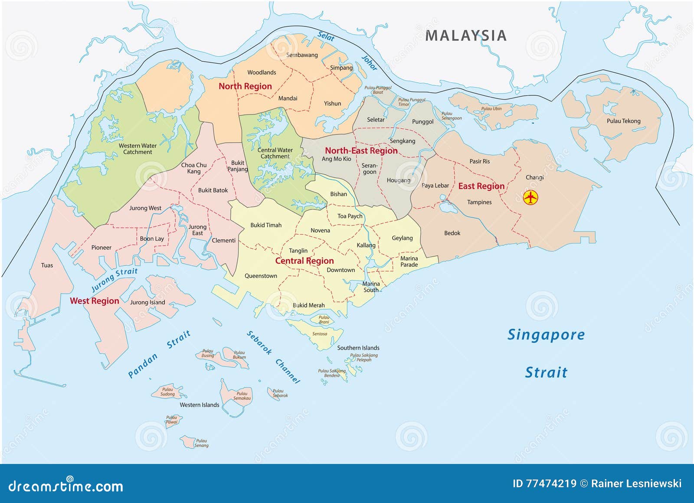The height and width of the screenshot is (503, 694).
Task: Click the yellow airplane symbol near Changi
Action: (530, 198)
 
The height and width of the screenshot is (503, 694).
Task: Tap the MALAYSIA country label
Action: (466, 36)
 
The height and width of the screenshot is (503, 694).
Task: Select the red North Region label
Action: (245, 86)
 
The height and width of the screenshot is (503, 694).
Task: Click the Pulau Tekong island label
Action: (623, 121)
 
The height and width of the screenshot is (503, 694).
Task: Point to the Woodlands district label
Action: (262, 72)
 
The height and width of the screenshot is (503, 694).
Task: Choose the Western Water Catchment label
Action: (137, 149)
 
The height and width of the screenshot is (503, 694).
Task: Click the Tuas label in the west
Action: (47, 265)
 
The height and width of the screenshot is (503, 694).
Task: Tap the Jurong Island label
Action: (147, 302)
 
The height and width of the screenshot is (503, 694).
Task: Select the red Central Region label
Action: (304, 261)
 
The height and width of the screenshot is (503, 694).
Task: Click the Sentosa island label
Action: (320, 334)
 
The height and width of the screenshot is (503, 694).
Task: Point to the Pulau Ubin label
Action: (491, 109)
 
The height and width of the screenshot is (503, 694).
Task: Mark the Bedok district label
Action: (452, 233)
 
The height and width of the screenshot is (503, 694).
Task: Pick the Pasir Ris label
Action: (479, 161)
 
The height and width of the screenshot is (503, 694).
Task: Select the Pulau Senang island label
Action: (201, 443)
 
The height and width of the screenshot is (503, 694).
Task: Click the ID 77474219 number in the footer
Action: (544, 483)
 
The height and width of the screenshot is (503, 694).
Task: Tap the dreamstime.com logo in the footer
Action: (66, 486)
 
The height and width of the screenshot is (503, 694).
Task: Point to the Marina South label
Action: (371, 287)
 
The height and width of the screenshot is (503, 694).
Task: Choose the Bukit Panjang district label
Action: (238, 166)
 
